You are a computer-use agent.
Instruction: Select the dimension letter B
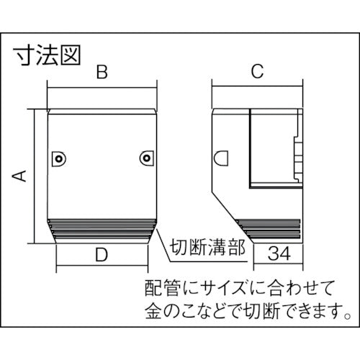[x=102, y=72]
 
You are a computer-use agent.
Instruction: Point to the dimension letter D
[x=102, y=253]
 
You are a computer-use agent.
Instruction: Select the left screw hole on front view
[x=58, y=158]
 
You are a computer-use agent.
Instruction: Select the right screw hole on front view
[x=147, y=158]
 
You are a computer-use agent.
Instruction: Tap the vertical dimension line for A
[x=33, y=175]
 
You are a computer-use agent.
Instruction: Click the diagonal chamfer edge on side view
[x=230, y=207]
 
